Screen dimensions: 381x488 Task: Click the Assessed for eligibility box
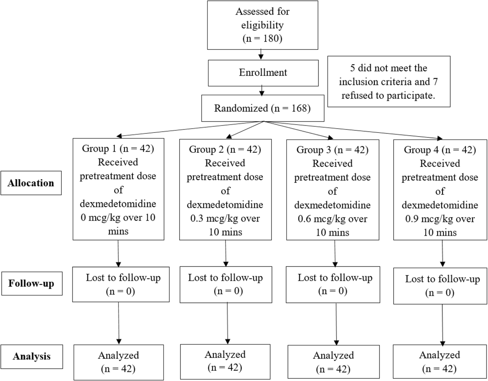(x=262, y=25)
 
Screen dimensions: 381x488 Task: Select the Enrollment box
(x=263, y=73)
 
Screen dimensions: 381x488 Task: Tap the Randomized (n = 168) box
(x=262, y=108)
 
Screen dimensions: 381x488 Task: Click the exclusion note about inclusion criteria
(x=388, y=82)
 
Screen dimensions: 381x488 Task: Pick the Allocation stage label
(x=31, y=183)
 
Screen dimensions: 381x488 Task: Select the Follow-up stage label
(x=31, y=284)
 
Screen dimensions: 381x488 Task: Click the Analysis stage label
(x=32, y=356)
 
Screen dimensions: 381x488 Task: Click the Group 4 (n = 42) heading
(x=440, y=150)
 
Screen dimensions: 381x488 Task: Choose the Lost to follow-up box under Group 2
(x=225, y=284)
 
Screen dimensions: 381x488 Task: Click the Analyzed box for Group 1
(x=118, y=362)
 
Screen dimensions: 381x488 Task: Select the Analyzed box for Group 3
(x=333, y=362)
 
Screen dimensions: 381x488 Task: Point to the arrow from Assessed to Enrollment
(x=261, y=54)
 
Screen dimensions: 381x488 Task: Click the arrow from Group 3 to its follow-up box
(x=335, y=253)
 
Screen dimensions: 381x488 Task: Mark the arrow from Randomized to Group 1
(x=189, y=129)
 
